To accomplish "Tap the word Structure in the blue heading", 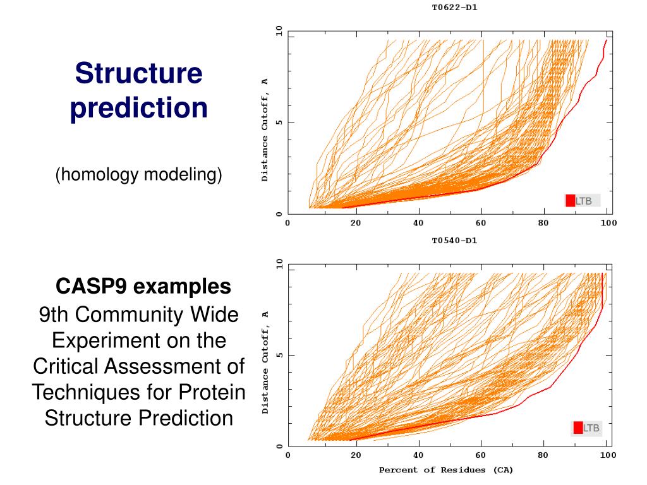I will coord(139,73).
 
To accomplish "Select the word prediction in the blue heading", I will coord(139,107).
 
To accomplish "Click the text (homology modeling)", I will coord(138,174).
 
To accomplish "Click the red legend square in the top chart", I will coord(570,201).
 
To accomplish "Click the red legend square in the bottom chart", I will coord(577,428).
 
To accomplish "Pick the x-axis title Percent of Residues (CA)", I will coord(446,470).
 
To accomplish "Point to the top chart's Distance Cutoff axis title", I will coord(265,130).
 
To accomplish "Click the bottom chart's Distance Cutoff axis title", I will coord(265,362).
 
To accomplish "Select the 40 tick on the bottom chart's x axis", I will coord(418,455).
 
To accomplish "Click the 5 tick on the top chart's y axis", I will coord(279,123).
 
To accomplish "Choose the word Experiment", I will coord(138,340).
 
